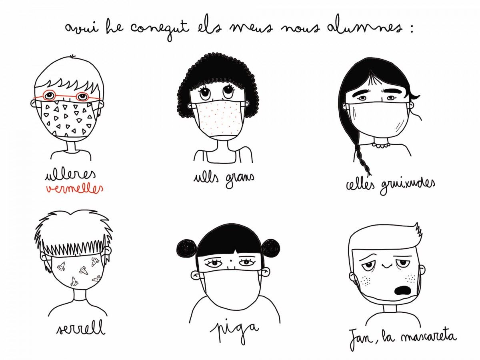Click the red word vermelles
(74, 188)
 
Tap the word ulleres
(70, 175)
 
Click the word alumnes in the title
(364, 27)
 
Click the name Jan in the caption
(361, 341)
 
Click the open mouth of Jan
(402, 290)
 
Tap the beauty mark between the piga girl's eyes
(229, 260)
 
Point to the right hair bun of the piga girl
(271, 248)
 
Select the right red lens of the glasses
(82, 96)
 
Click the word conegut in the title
(159, 29)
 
